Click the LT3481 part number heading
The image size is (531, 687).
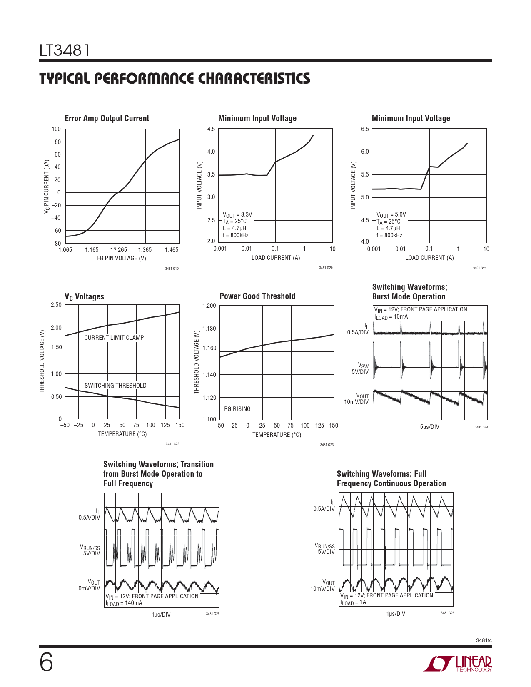65,51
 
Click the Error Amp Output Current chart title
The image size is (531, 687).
107,118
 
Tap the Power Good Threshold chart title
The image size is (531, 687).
257,296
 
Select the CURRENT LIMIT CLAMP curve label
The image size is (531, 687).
114,338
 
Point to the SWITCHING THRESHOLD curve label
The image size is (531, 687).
115,386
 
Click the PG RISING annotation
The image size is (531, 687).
237,409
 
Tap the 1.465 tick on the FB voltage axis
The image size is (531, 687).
171,250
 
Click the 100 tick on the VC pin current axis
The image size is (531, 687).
56,129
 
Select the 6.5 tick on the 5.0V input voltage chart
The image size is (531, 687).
365,129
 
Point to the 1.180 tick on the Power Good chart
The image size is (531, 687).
209,329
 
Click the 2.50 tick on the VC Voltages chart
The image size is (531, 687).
56,305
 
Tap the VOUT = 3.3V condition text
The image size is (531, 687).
237,215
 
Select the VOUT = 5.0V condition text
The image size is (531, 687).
391,215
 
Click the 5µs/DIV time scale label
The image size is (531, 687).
429,427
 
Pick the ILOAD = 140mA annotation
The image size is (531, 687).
124,603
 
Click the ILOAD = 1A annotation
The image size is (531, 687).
353,602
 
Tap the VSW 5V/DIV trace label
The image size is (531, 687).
360,369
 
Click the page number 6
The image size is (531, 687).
46,663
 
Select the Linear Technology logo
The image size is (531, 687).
458,664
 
